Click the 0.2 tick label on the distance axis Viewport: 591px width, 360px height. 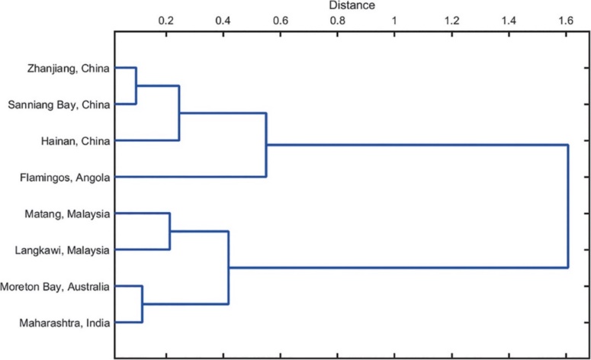click(x=166, y=21)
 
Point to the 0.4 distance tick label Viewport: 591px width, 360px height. click(x=223, y=21)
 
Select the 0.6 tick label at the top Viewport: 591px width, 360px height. click(x=281, y=21)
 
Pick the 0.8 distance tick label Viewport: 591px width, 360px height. click(x=338, y=21)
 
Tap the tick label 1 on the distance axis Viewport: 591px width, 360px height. click(x=394, y=21)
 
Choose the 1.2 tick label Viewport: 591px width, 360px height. click(x=452, y=21)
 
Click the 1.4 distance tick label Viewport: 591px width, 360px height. click(x=509, y=21)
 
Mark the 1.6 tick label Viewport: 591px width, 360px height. click(x=566, y=21)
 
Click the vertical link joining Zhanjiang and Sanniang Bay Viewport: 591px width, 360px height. click(x=136, y=85)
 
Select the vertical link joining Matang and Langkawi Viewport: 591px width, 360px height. click(x=169, y=231)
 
